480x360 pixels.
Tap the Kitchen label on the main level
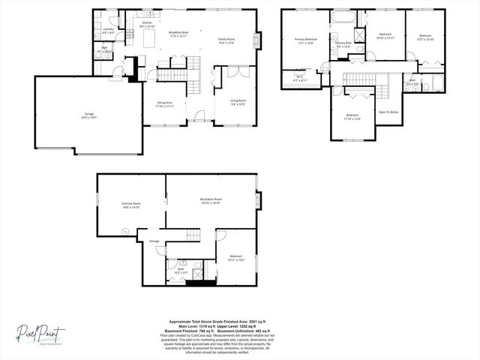pos(148,25)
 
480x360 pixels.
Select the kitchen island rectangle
pos(148,37)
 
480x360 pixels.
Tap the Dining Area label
pos(164,104)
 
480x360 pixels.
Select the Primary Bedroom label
pos(304,40)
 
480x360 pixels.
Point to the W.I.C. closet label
pos(298,77)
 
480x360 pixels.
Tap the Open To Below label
pos(388,112)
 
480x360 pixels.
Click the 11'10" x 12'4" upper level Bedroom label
pos(352,116)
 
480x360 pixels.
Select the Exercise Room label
pos(132,204)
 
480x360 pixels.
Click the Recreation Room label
pos(211,201)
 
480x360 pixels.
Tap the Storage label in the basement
pos(154,240)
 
